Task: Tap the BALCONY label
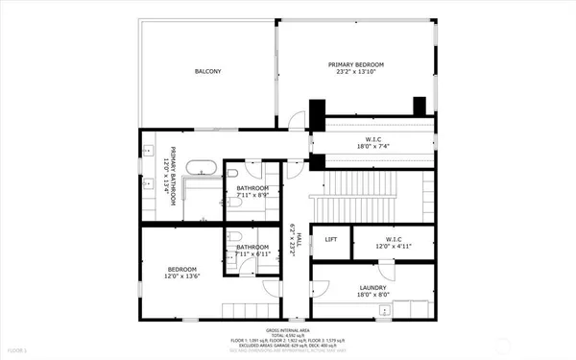pyautogui.click(x=208, y=71)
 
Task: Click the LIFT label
pyautogui.click(x=330, y=239)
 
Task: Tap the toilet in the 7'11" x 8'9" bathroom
pyautogui.click(x=235, y=204)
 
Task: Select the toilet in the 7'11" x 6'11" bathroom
pyautogui.click(x=235, y=240)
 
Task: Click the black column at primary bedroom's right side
pyautogui.click(x=419, y=106)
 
